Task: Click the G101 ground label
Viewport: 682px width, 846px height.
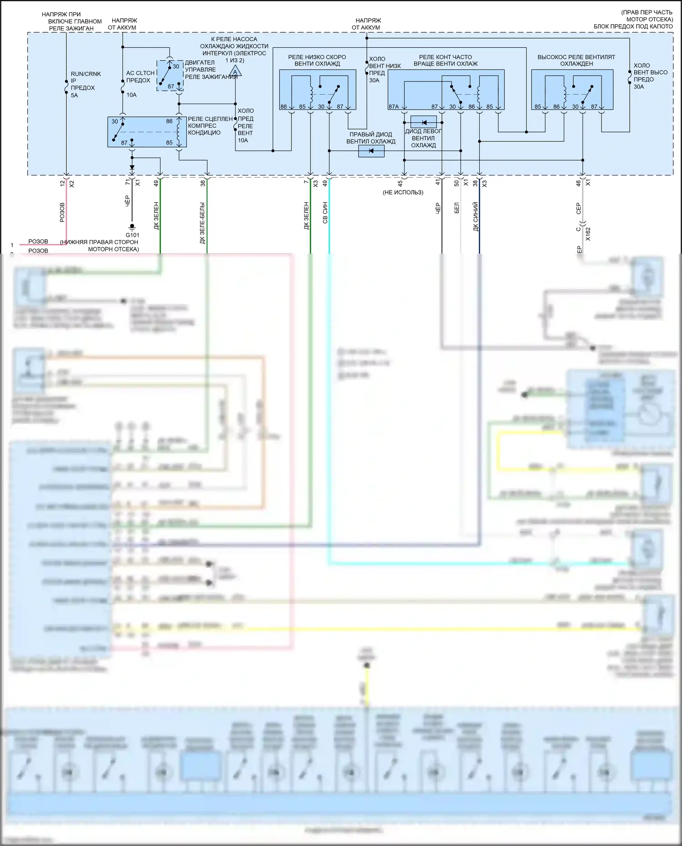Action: point(132,235)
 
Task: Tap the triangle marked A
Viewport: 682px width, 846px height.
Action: point(235,72)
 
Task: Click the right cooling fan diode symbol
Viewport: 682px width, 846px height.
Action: point(371,151)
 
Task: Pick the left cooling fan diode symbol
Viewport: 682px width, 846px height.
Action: point(423,122)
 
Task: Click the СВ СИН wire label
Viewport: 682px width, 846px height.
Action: point(325,213)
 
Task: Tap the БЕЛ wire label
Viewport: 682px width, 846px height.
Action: point(457,208)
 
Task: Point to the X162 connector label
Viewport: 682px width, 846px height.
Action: point(588,234)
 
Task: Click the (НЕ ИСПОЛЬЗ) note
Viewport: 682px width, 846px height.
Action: point(403,192)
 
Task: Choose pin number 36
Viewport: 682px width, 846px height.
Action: point(203,183)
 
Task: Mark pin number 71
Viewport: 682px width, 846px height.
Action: point(127,183)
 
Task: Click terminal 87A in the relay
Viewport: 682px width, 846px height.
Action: point(394,107)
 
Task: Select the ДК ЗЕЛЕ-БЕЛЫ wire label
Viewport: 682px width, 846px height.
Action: point(202,223)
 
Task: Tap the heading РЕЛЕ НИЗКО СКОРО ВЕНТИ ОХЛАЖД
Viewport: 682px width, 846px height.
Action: point(317,60)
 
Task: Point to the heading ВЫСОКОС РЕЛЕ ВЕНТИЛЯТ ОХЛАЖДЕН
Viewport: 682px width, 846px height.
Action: point(576,60)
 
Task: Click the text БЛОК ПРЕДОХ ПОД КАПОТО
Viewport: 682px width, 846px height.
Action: point(633,26)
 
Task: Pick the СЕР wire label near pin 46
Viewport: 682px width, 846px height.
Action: point(579,209)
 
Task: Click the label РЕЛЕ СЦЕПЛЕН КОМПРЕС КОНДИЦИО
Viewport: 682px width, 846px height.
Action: point(210,125)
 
